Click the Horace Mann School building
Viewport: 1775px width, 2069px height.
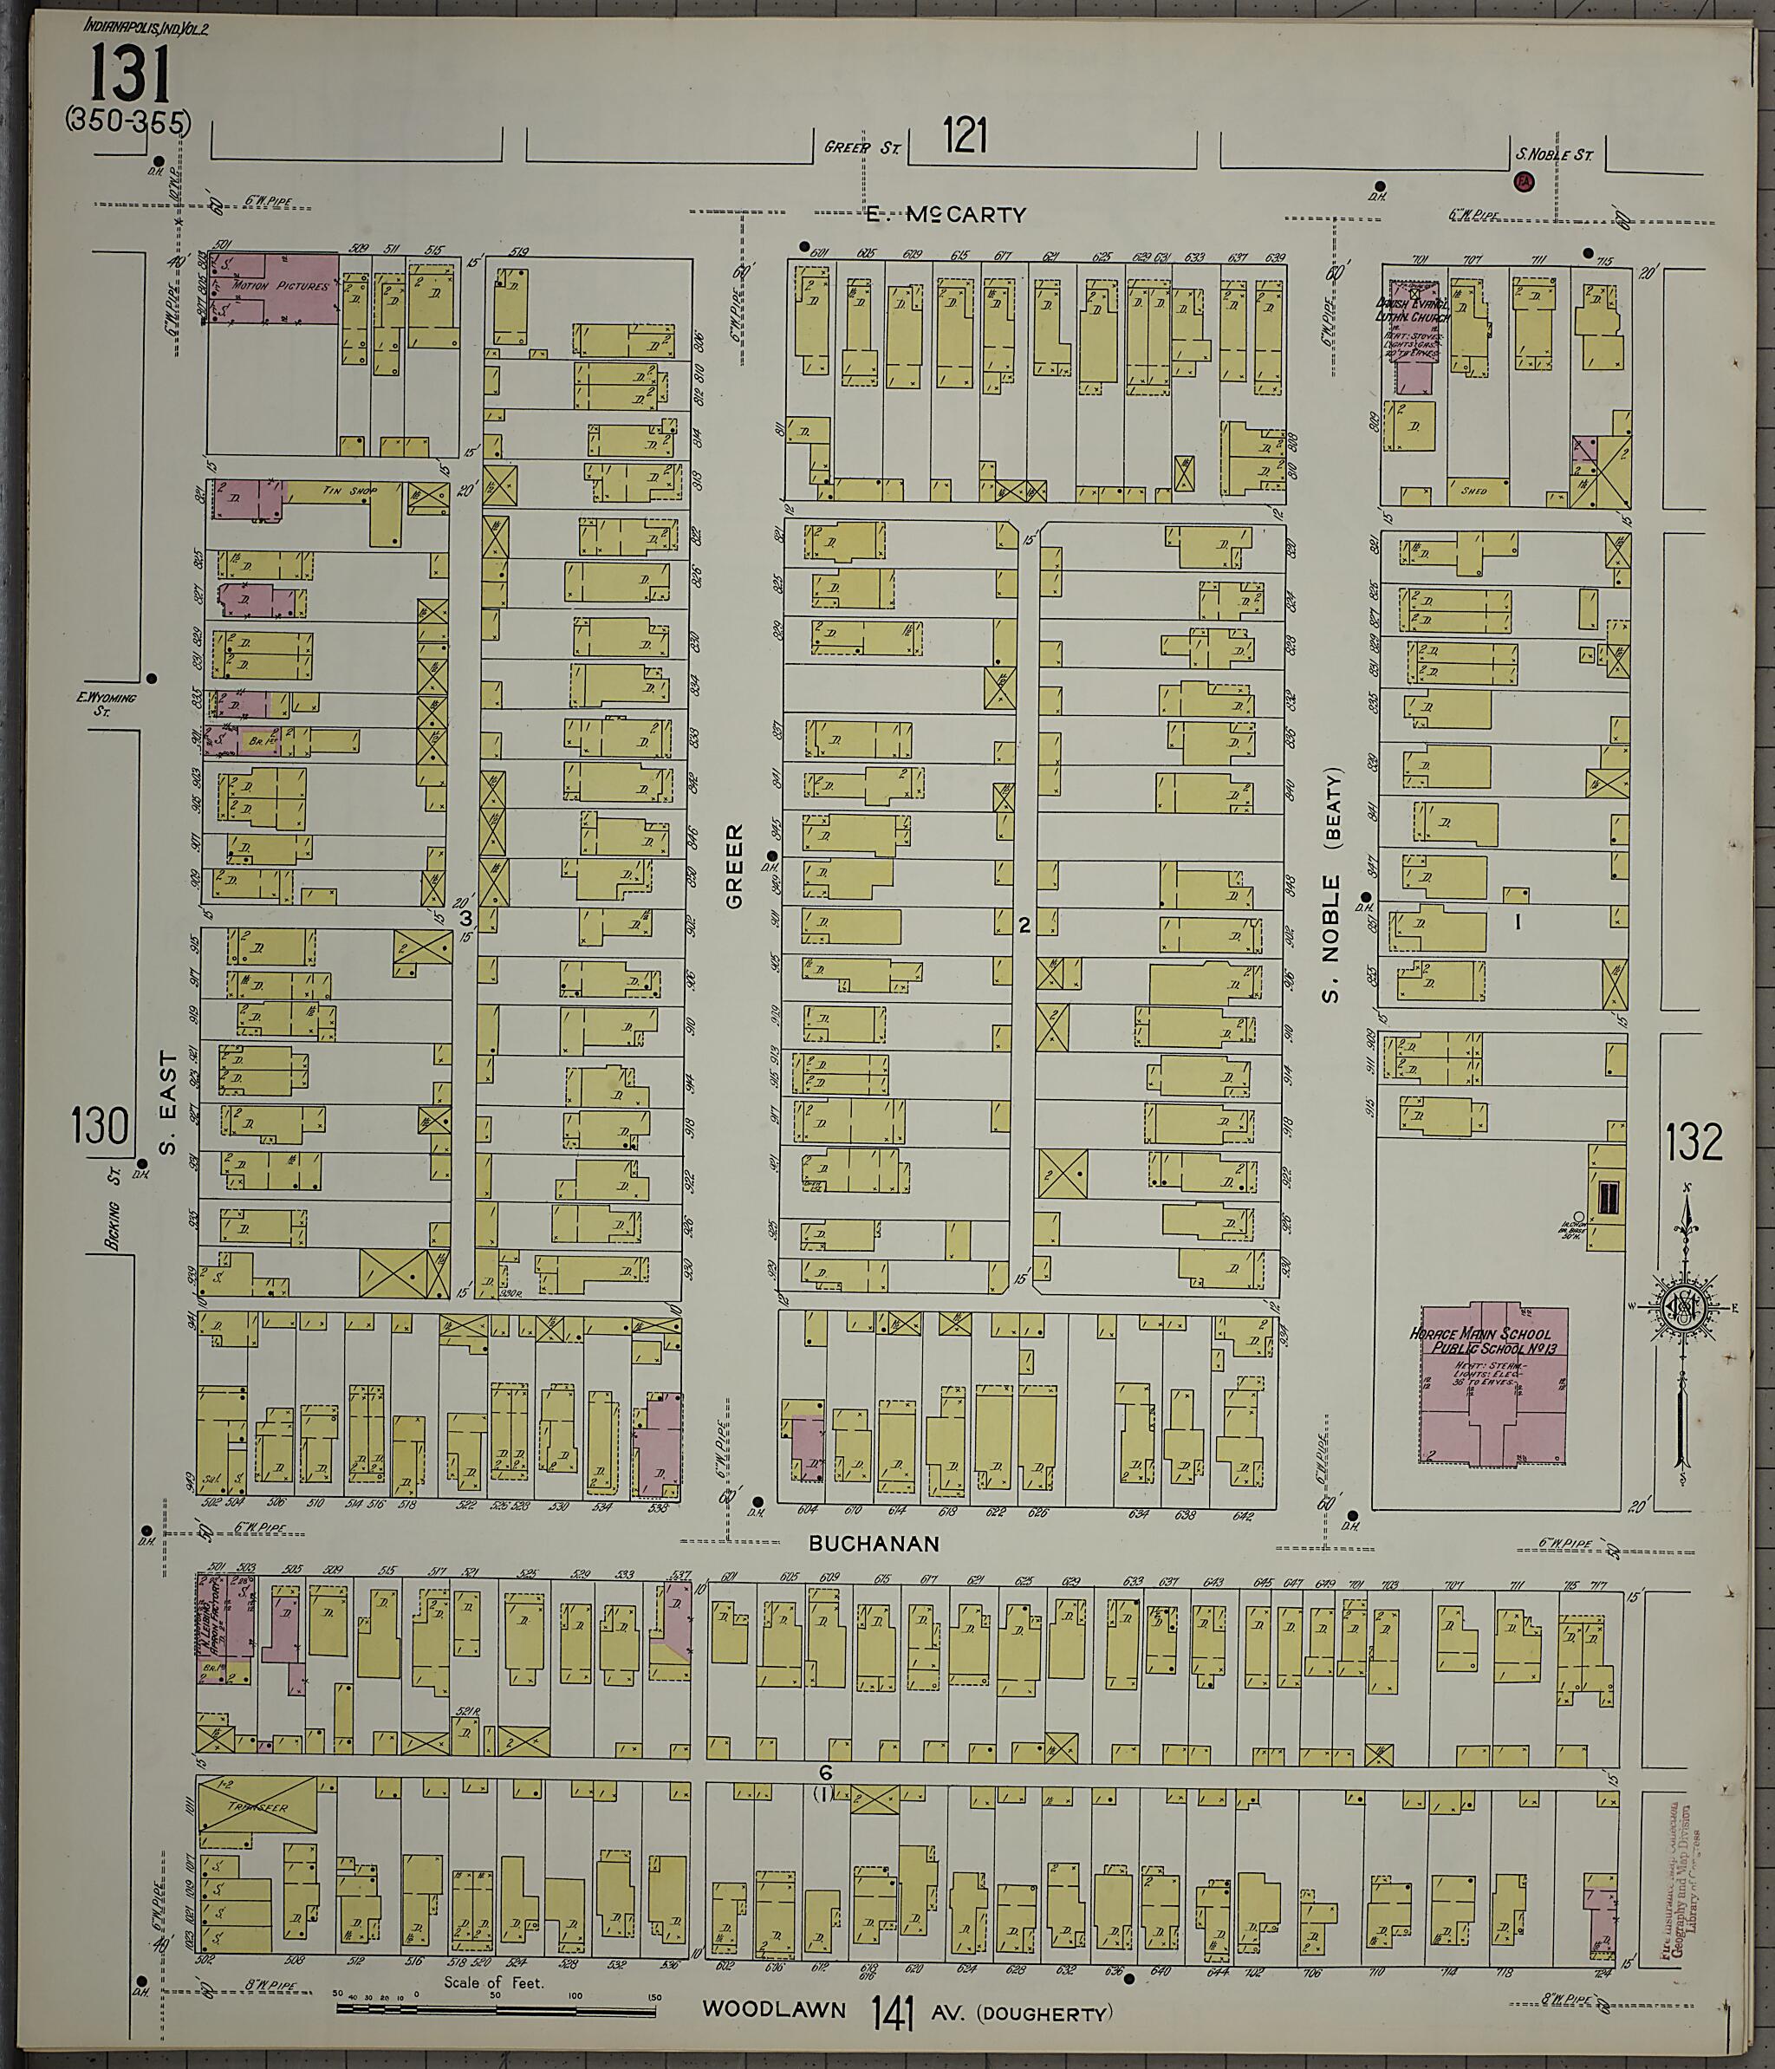pyautogui.click(x=1492, y=1345)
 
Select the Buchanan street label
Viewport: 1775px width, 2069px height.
pyautogui.click(x=874, y=1544)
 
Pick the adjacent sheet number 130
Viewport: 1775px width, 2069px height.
pyautogui.click(x=100, y=1128)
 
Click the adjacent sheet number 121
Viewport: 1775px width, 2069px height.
pyautogui.click(x=965, y=136)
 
